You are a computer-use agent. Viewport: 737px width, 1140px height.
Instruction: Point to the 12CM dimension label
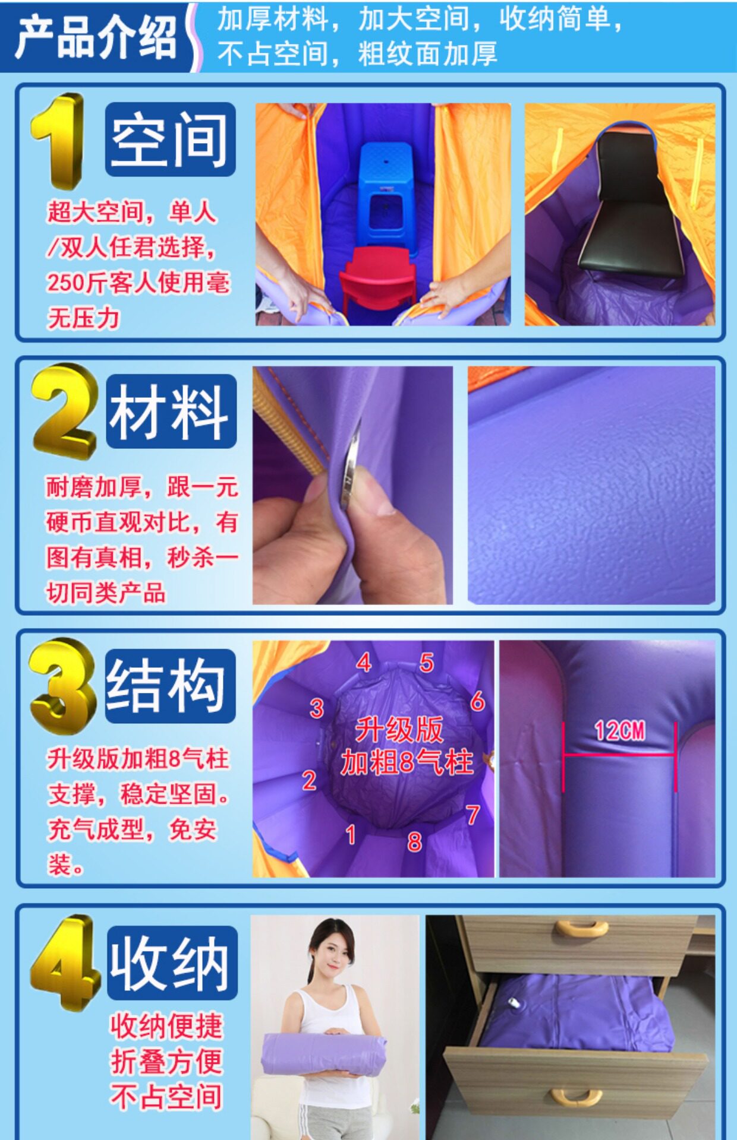click(619, 731)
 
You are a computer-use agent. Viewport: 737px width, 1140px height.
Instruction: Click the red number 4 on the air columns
click(364, 662)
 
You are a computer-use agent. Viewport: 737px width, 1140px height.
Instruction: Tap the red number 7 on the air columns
click(473, 815)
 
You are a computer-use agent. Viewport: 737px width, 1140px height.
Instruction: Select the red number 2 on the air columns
click(309, 780)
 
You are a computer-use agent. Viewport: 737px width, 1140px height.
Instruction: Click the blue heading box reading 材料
click(171, 411)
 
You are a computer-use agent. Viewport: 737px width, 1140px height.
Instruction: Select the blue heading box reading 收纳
click(172, 962)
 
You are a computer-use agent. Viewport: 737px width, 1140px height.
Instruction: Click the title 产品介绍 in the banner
click(96, 37)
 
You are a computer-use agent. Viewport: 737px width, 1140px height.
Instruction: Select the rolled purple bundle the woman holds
click(323, 1050)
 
